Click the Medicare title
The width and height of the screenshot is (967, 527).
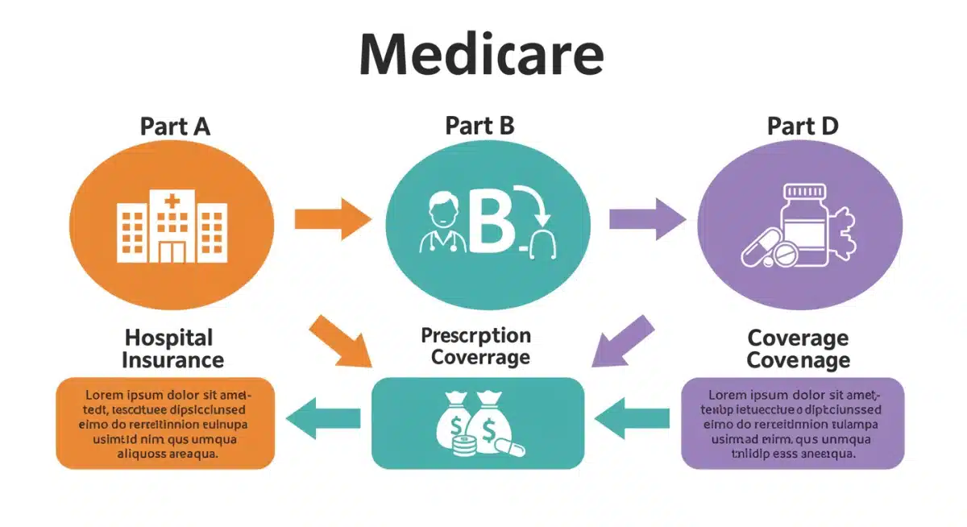click(481, 56)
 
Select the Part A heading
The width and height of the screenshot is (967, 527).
click(175, 127)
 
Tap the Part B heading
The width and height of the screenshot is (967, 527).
click(479, 126)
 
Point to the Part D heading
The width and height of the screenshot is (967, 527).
click(803, 127)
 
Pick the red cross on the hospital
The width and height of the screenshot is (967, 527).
click(172, 201)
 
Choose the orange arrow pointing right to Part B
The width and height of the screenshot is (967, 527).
click(331, 218)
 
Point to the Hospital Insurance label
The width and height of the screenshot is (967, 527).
click(172, 348)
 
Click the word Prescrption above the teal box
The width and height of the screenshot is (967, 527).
click(475, 335)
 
